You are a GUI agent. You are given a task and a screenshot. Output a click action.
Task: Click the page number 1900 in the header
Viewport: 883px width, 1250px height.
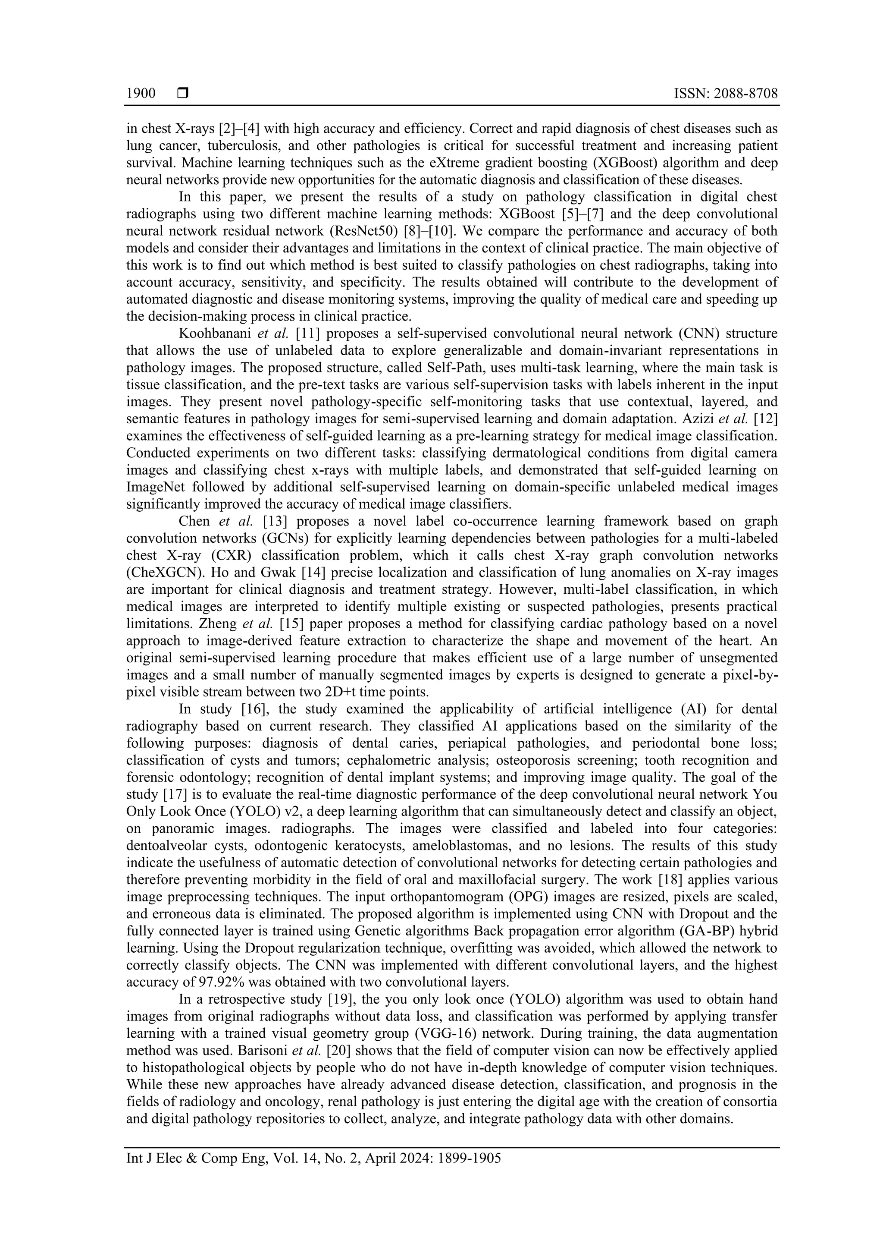141,94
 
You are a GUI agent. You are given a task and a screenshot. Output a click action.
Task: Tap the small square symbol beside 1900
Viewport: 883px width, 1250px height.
183,94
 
